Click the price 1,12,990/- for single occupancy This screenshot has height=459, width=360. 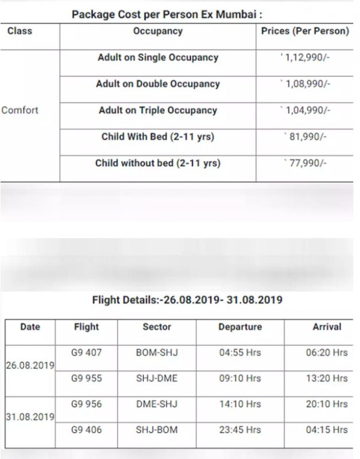tap(305, 58)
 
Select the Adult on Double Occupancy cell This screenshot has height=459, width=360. tap(158, 84)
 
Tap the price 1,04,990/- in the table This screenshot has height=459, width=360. tap(305, 111)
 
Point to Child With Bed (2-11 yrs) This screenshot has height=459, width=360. tap(158, 137)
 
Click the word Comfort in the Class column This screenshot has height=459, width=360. tap(20, 110)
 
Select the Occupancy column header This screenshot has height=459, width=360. tap(158, 31)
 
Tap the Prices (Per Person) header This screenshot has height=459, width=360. tap(305, 31)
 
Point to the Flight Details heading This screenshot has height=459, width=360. tap(187, 299)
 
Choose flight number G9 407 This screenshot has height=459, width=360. tap(86, 352)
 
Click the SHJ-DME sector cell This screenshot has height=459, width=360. tap(156, 378)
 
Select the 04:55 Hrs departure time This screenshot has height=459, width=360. tap(240, 352)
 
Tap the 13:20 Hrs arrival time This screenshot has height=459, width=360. tap(326, 378)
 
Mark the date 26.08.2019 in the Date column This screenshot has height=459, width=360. tap(30, 365)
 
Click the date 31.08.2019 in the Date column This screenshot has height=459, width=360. tap(30, 417)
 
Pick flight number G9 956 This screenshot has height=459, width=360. tap(86, 404)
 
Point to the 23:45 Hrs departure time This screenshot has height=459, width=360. tap(240, 430)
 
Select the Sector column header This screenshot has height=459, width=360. tap(156, 326)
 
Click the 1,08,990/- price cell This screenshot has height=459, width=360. tap(305, 84)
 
